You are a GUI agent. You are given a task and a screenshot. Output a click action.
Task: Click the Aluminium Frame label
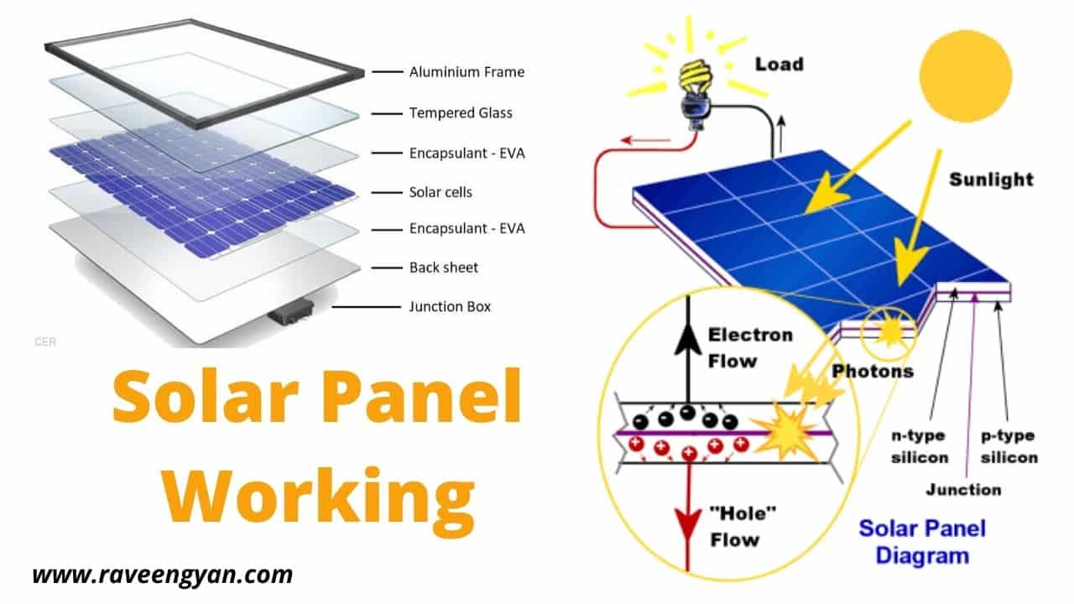(467, 72)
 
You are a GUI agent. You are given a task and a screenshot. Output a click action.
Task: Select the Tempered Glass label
(461, 112)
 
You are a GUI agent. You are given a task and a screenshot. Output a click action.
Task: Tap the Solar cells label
(441, 192)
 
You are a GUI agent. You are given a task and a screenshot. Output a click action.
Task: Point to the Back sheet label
(444, 268)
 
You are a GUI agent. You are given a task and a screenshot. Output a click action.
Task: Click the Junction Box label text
(450, 306)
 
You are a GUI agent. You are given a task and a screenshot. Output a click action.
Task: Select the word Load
(779, 65)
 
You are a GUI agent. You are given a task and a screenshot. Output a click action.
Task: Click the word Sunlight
(991, 180)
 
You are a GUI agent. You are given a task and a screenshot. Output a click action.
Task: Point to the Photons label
(873, 370)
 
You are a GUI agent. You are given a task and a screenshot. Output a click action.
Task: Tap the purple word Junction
(963, 489)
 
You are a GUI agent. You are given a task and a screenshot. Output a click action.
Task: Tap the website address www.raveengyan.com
(163, 575)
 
